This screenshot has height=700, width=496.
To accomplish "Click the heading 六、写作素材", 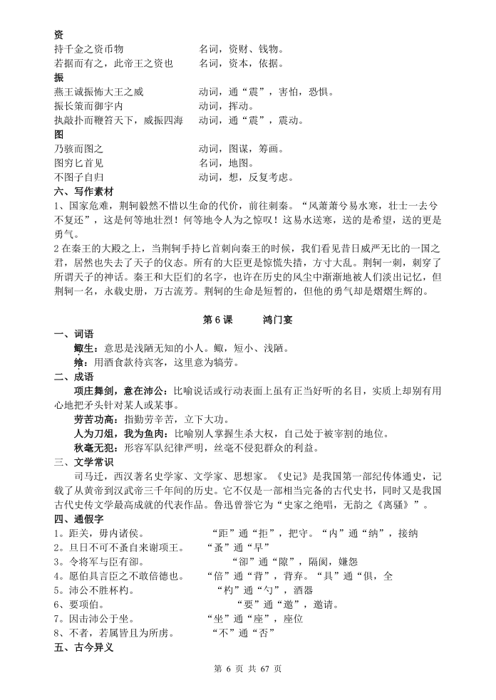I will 83,191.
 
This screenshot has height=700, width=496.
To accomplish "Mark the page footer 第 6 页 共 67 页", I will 248,669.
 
